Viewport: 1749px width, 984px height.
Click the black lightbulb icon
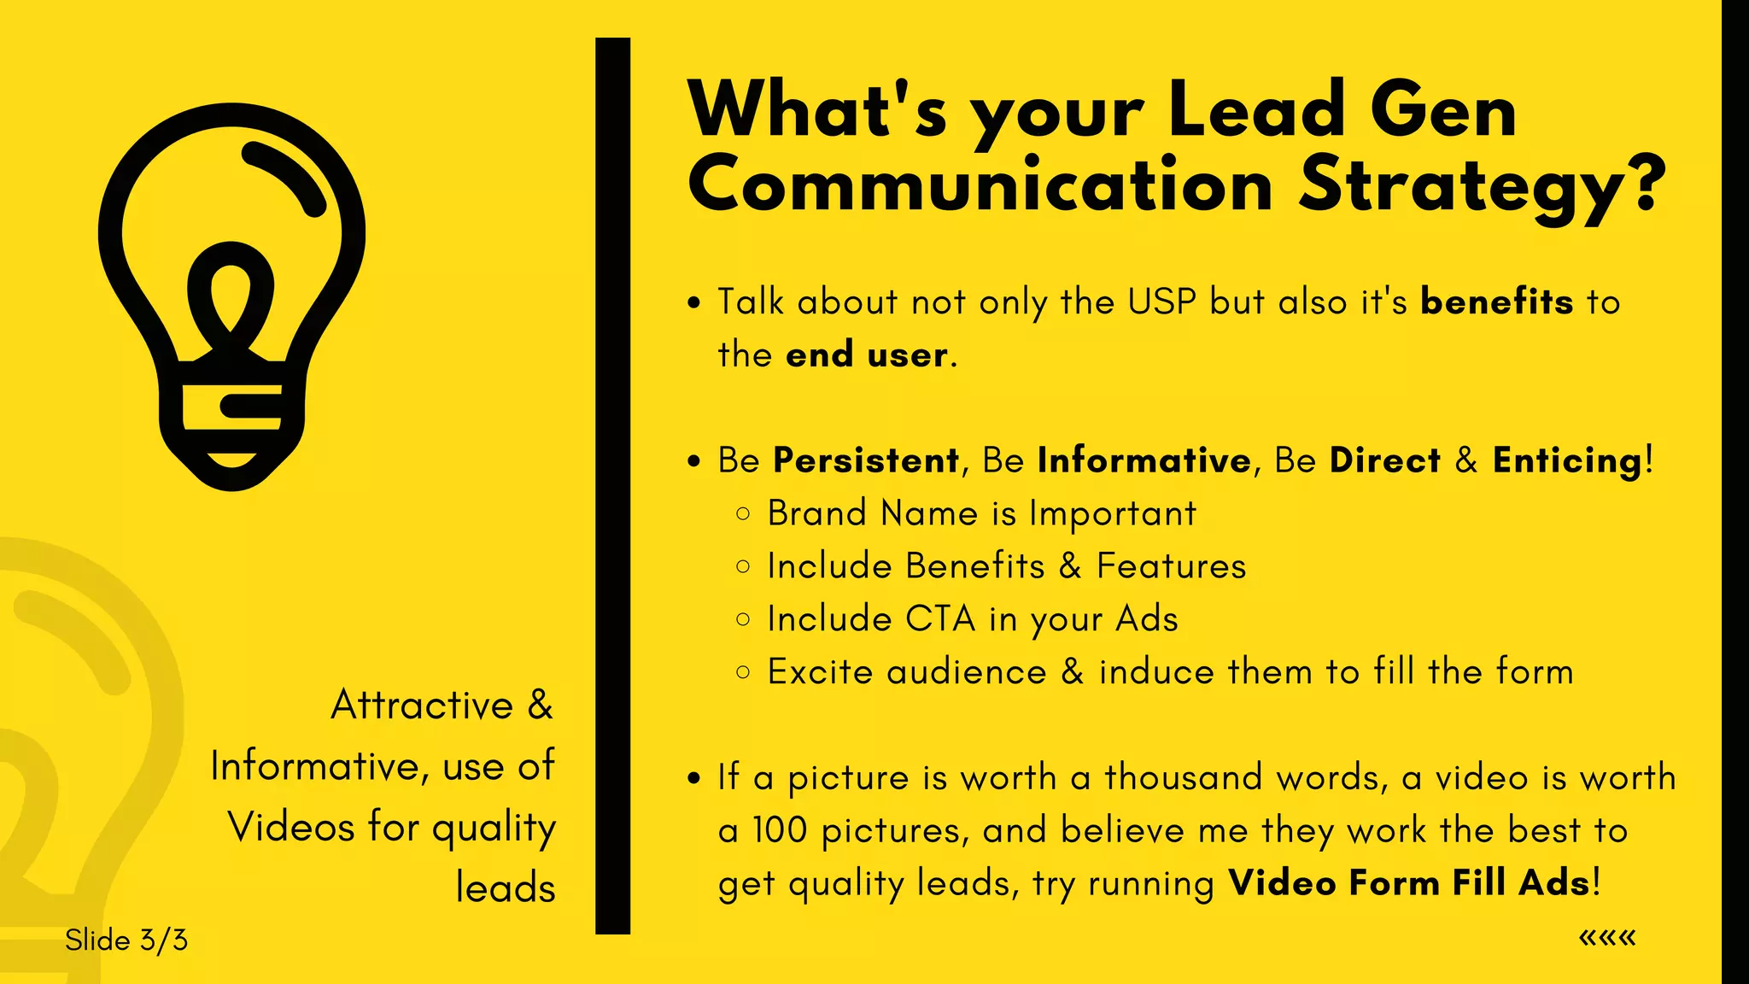coord(231,295)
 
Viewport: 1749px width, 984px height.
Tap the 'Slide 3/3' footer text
coord(126,940)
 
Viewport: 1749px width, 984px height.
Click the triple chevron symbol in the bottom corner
coord(1607,938)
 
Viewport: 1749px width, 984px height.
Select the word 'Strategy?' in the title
coord(1482,185)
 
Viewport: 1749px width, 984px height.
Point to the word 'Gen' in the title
coord(1443,110)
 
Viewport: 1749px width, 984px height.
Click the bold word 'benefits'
coord(1496,302)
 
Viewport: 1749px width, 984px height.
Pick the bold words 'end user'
coord(866,355)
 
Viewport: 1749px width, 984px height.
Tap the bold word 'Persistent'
coord(866,461)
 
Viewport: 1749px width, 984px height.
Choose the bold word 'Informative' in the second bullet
coord(1144,461)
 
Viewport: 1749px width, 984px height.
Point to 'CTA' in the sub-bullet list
coord(940,619)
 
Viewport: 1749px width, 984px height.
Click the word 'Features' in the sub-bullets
coord(1171,566)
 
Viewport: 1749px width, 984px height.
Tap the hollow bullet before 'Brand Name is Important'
coord(743,514)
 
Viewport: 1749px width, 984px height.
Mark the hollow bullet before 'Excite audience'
coord(743,672)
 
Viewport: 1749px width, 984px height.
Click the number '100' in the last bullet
coord(780,831)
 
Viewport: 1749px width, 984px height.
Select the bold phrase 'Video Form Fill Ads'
coord(1410,883)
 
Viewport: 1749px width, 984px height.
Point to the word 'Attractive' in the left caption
coord(422,706)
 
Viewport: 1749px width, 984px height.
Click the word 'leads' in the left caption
coord(506,888)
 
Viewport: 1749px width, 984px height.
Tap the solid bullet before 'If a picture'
coord(694,778)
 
